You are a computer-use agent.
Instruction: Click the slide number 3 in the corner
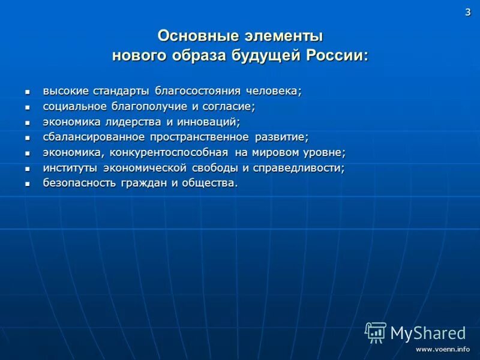coord(468,13)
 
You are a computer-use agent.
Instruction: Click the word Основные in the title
coord(193,36)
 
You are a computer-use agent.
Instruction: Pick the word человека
coord(273,91)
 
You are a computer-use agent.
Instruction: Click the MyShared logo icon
coord(376,332)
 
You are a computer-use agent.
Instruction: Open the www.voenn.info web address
coord(443,349)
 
